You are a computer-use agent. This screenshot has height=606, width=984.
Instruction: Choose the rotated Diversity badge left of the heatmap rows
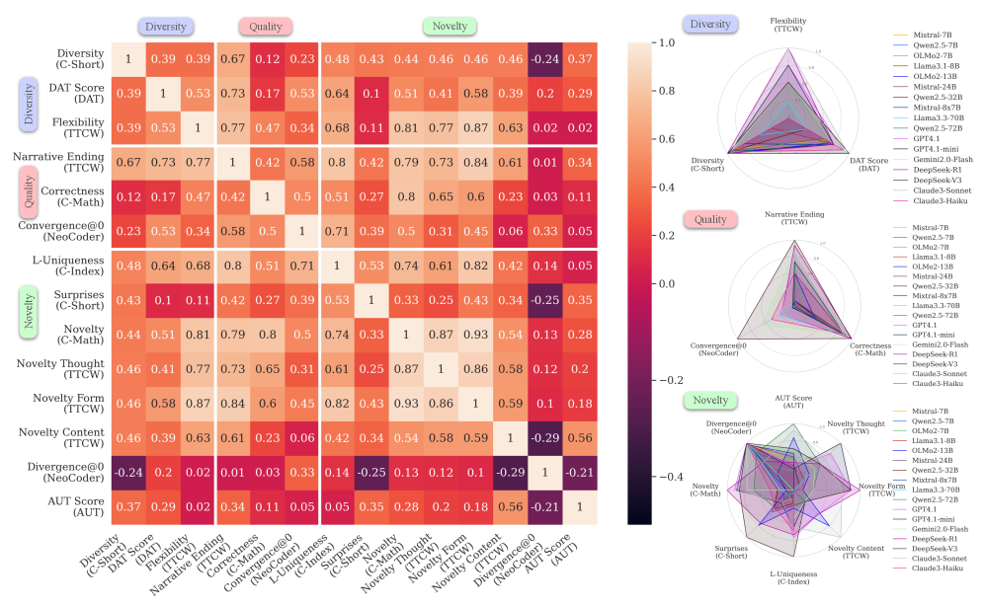[x=28, y=106]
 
